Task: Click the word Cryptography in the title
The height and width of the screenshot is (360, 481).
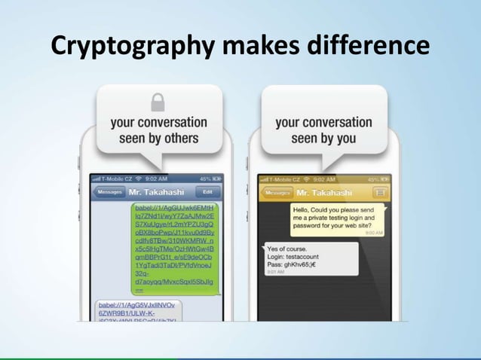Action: [x=127, y=47]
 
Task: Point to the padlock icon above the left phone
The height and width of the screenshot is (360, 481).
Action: [x=158, y=101]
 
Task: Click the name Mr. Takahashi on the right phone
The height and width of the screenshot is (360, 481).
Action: [x=326, y=192]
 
